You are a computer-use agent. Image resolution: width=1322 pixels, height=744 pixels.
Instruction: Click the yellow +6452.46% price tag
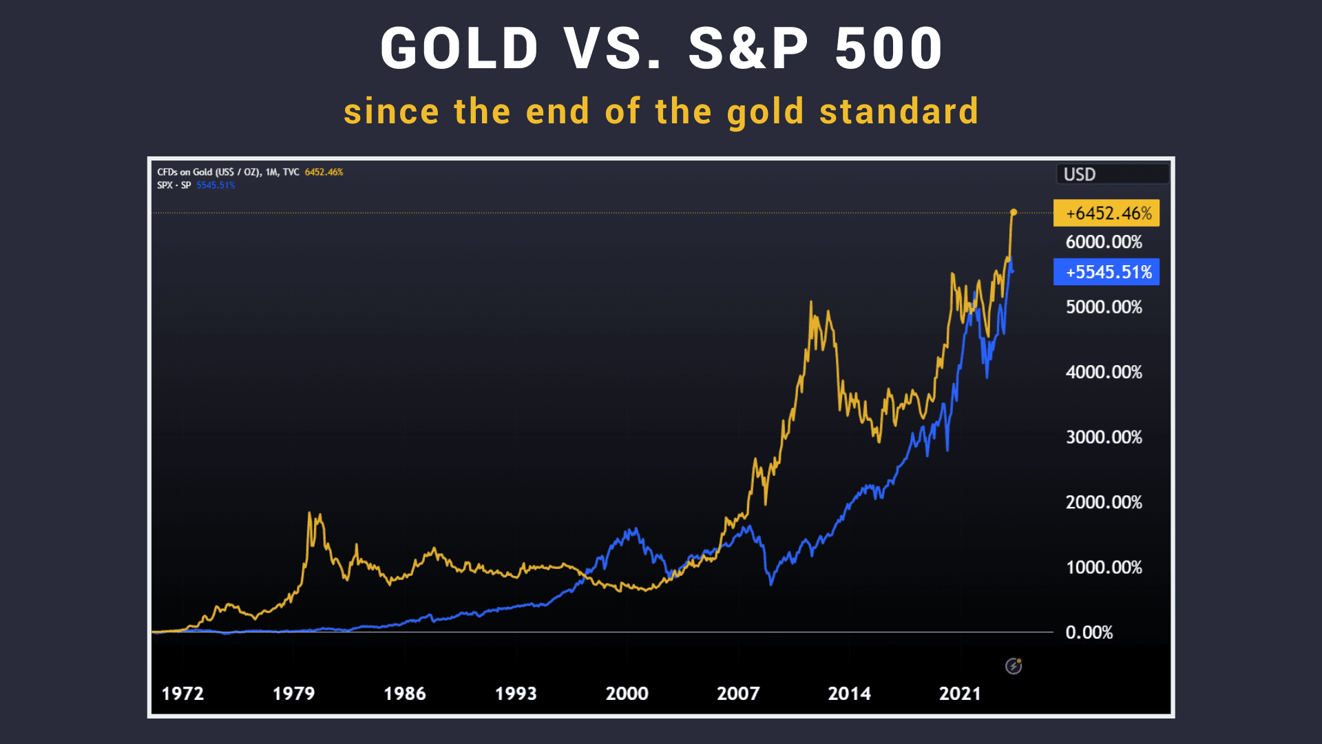(1106, 214)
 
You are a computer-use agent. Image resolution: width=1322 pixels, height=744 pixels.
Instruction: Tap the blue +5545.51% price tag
(1106, 272)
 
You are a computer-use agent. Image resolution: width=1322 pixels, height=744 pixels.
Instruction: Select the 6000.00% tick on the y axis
(1104, 242)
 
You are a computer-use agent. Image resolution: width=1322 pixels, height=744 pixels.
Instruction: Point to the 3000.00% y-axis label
(1104, 437)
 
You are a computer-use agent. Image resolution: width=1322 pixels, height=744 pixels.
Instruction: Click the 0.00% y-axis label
(1089, 632)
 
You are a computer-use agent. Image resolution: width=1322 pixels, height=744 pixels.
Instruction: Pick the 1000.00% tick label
(1104, 568)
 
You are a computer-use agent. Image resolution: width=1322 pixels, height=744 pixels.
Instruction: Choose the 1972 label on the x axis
(182, 694)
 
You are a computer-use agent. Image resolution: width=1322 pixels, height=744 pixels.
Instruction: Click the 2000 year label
(627, 694)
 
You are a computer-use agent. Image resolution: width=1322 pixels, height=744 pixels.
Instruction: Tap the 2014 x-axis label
(849, 694)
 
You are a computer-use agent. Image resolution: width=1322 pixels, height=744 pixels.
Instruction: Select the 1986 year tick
(405, 694)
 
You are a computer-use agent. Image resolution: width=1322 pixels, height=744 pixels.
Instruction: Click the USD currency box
(1112, 174)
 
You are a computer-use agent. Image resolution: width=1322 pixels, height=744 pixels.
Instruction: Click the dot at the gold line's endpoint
(1014, 212)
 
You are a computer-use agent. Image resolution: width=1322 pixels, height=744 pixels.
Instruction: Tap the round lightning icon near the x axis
(1014, 666)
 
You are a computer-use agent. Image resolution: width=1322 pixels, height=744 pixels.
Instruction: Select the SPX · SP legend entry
(174, 185)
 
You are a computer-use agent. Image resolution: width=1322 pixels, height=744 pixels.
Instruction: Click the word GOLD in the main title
(459, 49)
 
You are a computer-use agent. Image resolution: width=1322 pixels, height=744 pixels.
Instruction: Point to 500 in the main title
(888, 49)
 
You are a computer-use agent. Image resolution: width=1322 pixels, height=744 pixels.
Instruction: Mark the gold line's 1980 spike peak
(310, 513)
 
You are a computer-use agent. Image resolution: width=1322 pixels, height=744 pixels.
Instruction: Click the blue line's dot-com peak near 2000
(634, 529)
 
